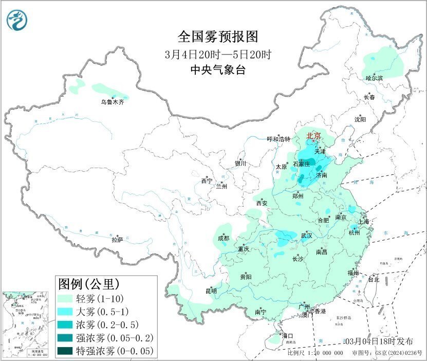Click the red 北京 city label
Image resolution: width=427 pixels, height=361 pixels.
click(313, 136)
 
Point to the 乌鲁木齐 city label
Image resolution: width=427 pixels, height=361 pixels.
click(112, 102)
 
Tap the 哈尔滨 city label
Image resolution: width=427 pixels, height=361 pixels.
click(374, 78)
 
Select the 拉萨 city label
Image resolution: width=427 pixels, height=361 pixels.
click(117, 240)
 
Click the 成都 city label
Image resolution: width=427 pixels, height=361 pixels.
click(224, 238)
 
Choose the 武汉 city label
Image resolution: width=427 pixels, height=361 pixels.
click(306, 236)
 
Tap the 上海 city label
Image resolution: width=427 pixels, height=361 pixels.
click(364, 222)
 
